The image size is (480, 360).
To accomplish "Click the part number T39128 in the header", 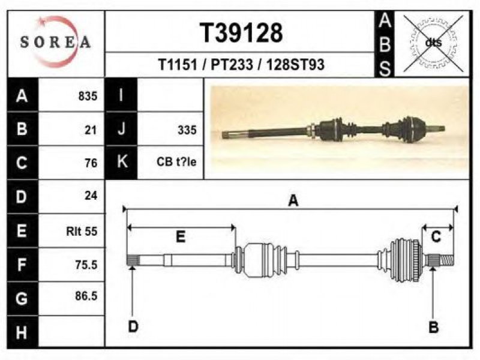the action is [241, 33].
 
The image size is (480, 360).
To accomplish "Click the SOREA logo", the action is [55, 41].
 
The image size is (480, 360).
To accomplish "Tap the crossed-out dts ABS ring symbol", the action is [433, 43].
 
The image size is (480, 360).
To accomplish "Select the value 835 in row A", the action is [88, 96].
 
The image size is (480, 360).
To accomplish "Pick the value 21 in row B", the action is [91, 130].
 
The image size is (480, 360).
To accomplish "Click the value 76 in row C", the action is [91, 163].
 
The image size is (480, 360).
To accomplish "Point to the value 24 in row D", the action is [91, 196].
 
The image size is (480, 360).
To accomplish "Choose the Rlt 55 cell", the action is [82, 231].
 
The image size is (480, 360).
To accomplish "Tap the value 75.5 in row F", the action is [86, 265].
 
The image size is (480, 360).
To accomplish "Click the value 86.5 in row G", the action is [86, 296].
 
